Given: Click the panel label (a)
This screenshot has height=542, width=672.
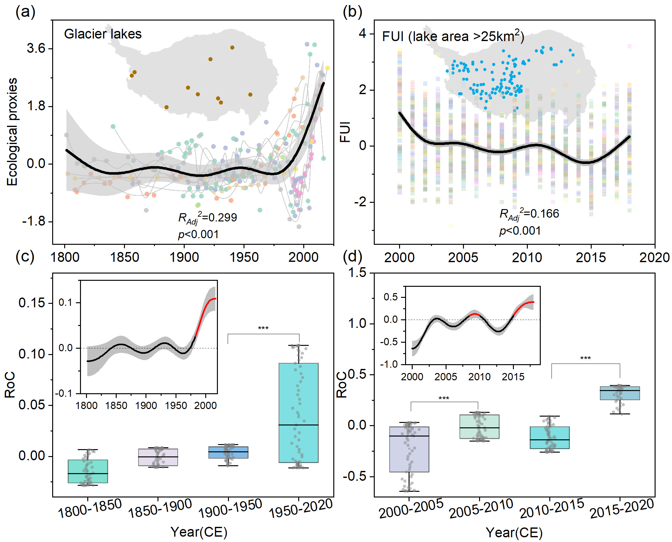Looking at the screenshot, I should [25, 12].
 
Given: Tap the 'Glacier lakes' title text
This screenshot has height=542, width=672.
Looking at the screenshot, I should [103, 34].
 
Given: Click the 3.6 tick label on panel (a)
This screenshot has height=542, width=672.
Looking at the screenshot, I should [36, 48].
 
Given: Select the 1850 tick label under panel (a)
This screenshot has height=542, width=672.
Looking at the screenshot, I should [124, 257].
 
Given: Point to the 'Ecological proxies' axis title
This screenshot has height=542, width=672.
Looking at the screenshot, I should [12, 132].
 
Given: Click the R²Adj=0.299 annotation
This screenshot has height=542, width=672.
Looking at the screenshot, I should [207, 218].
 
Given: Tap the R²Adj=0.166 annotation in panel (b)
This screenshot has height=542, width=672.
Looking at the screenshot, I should [529, 214].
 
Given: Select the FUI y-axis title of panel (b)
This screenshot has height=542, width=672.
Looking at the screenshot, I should [345, 132].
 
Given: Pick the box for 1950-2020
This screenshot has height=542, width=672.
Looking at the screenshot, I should [299, 413].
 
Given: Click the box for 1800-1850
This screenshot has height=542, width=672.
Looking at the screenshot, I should [88, 471].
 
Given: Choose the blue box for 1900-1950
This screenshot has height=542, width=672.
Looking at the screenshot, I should [228, 452].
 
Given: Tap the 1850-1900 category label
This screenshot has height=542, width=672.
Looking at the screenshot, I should [160, 509].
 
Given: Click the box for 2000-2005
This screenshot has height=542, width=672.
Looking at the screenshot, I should [409, 449].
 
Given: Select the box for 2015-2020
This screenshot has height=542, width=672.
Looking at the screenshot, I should [620, 393].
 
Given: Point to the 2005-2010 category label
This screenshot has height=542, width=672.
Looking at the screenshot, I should [481, 509].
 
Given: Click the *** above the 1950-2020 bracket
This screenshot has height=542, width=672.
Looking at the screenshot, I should [263, 328].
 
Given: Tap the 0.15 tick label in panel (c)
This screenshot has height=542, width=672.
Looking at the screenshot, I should [32, 303].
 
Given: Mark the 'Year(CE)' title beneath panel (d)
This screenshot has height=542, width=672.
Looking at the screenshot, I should [514, 533].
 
